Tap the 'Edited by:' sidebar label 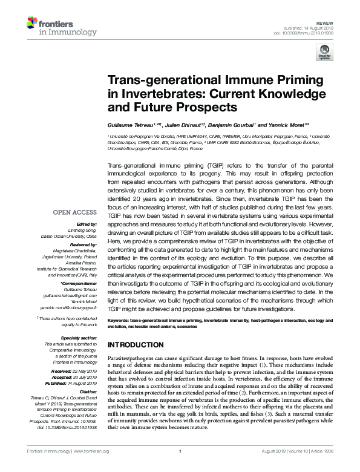(x=85, y=225)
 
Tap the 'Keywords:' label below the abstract (x=118, y=319)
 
